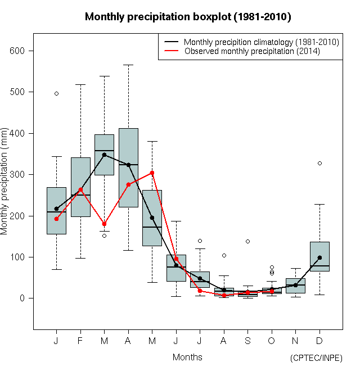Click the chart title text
187,17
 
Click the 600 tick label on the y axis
19,51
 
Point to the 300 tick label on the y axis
19,174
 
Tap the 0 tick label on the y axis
24,298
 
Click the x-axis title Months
187,357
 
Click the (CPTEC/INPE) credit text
316,358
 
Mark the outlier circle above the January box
56,93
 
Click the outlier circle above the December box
319,163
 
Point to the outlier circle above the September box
247,241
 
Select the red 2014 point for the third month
104,224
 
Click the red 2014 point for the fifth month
152,173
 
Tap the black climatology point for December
319,257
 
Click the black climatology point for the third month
104,155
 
